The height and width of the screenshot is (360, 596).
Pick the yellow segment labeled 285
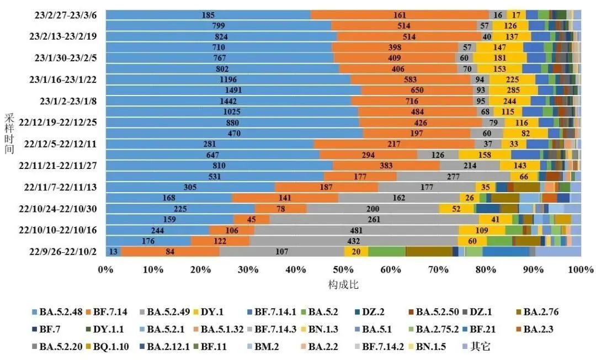click(x=513, y=90)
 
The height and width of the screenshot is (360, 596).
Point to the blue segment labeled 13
click(x=113, y=252)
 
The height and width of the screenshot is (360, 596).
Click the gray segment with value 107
click(x=282, y=252)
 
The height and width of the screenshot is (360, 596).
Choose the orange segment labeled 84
click(x=170, y=252)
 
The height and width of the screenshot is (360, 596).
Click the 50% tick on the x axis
click(x=343, y=270)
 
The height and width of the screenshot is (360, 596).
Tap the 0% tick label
click(x=105, y=270)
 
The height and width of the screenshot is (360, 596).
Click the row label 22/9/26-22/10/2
click(x=63, y=252)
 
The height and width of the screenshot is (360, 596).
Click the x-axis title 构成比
click(x=343, y=285)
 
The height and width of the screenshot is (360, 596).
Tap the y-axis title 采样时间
click(x=9, y=133)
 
